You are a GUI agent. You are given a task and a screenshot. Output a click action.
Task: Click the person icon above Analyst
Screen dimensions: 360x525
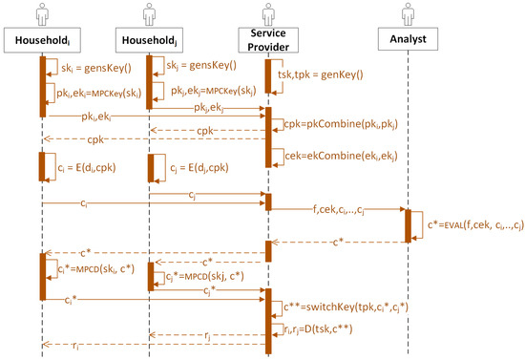point(408,11)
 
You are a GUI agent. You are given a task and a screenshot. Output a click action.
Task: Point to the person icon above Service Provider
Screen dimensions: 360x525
point(268,11)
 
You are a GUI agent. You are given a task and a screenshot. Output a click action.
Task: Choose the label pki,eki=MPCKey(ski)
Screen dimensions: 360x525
point(94,95)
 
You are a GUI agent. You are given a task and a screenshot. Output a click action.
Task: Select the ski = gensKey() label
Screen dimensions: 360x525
point(88,68)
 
